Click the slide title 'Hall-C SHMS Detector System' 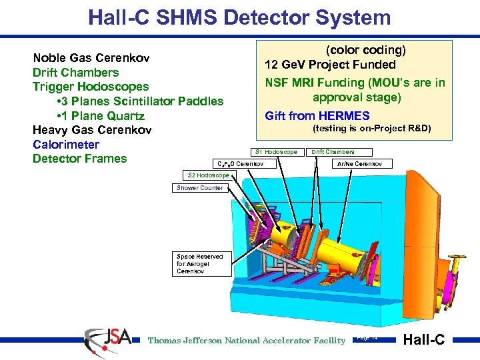(239, 17)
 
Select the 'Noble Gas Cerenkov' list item (91, 58)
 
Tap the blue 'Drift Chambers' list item (75, 73)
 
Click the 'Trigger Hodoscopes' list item (90, 87)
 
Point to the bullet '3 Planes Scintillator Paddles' (141, 101)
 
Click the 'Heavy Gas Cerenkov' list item (91, 130)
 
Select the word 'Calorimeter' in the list (65, 145)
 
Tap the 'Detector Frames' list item (79, 159)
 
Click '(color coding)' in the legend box (365, 50)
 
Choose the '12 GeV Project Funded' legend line (330, 65)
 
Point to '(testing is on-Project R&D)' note (372, 129)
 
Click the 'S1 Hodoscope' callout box (276, 152)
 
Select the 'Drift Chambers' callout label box (333, 152)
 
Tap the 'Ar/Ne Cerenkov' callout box (359, 163)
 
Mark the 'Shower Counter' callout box (199, 188)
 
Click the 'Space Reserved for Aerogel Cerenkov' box (200, 264)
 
